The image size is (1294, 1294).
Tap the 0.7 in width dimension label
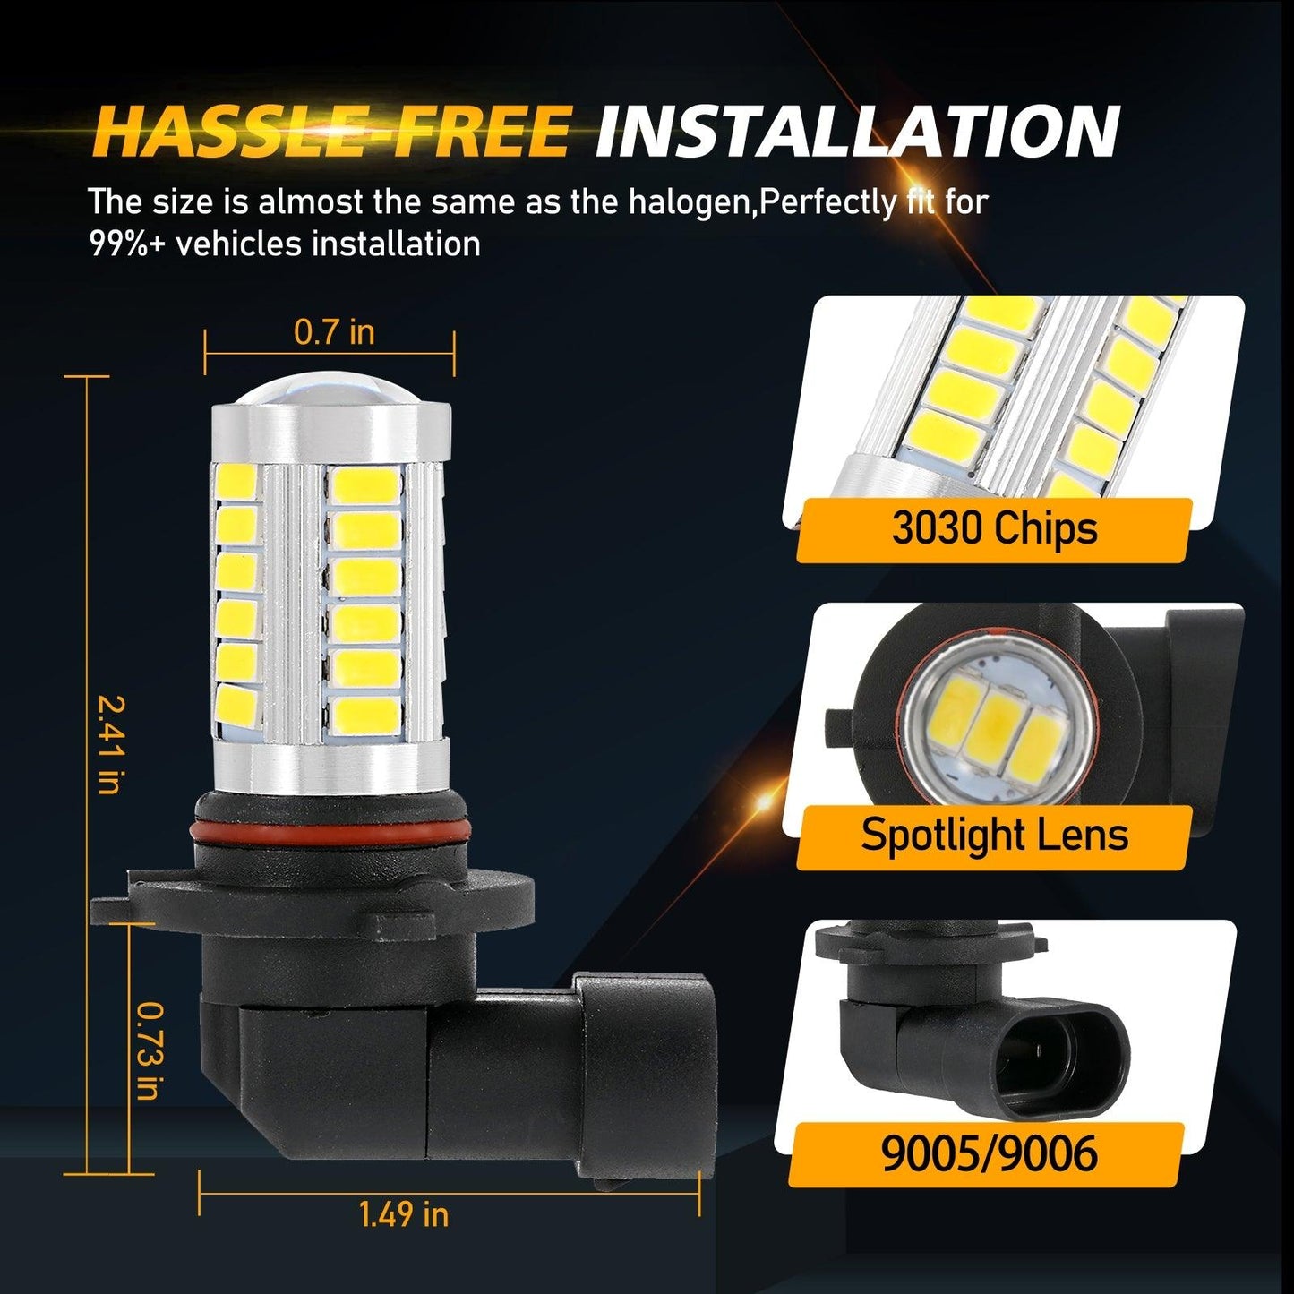pyautogui.click(x=334, y=332)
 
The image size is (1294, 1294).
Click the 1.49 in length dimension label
pyautogui.click(x=403, y=1214)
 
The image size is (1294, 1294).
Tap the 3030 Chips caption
pyautogui.click(x=994, y=528)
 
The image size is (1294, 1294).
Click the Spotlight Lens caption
pyautogui.click(x=994, y=835)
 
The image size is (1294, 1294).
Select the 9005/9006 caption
pyautogui.click(x=989, y=1153)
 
